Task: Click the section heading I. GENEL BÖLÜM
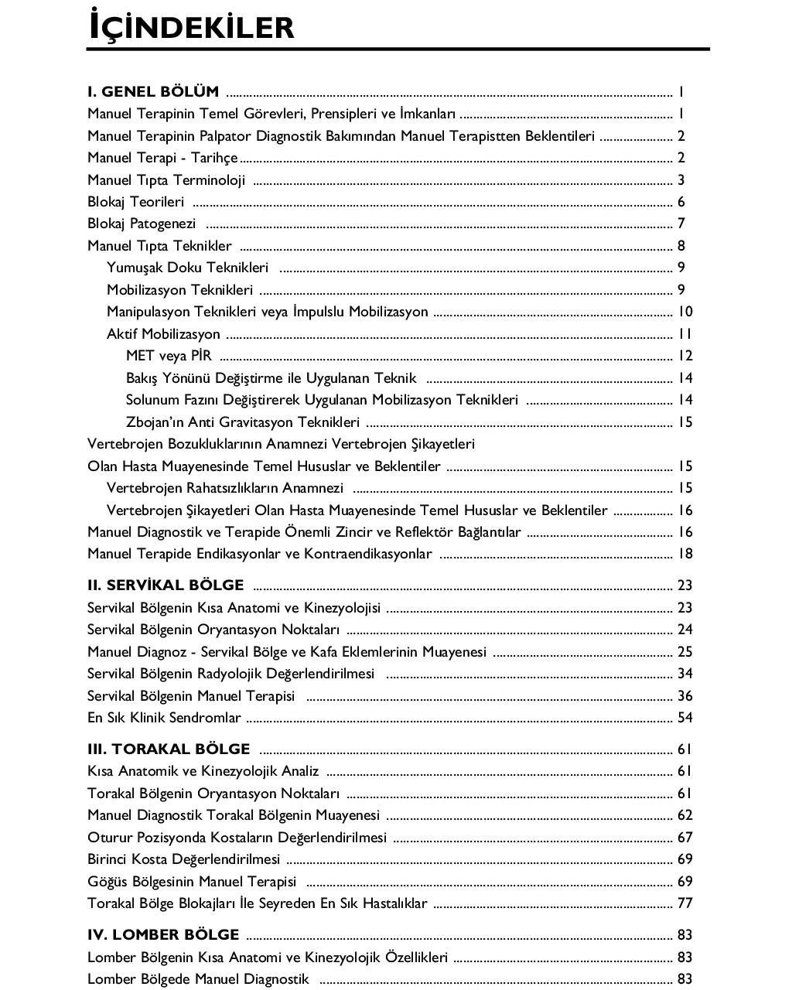tap(153, 91)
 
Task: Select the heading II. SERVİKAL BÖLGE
tap(166, 585)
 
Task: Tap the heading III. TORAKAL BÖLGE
tap(169, 749)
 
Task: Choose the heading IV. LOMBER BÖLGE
tap(163, 934)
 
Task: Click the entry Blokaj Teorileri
tap(136, 202)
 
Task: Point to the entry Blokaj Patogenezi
tap(142, 224)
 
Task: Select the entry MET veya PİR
tap(169, 356)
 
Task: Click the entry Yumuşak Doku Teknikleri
tap(188, 268)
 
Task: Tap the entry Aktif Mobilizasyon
tap(163, 334)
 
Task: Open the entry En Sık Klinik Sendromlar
tap(164, 718)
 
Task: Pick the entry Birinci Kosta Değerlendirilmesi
tap(184, 859)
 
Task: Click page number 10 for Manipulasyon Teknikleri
tap(684, 312)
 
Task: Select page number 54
tap(684, 718)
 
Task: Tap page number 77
tap(684, 903)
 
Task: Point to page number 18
tap(684, 554)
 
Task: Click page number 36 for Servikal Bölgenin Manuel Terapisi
tap(684, 696)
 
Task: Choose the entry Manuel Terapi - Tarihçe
tap(163, 158)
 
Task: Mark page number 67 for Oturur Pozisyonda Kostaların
tap(684, 838)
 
